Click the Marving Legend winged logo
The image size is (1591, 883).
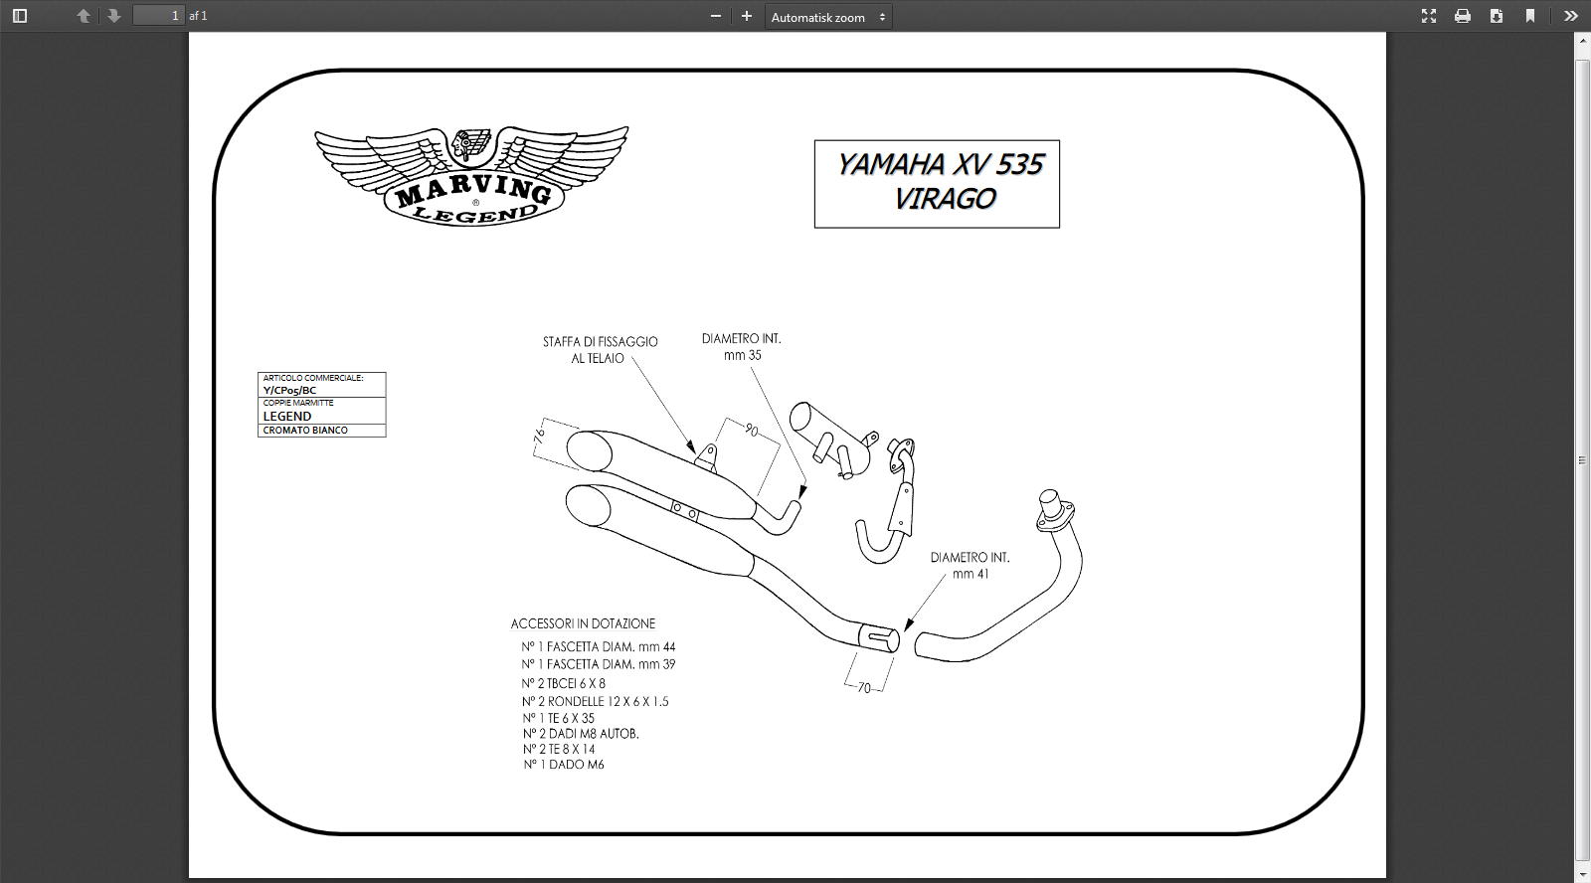(x=472, y=176)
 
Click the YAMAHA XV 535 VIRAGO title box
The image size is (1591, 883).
(x=937, y=183)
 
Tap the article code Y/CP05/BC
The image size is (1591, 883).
(x=290, y=391)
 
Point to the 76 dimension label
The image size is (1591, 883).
(x=540, y=436)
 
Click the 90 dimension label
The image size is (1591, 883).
(x=752, y=431)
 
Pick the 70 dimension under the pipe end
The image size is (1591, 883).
(x=864, y=688)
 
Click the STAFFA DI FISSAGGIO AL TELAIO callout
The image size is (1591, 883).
(x=600, y=350)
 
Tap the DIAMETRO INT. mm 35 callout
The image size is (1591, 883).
(x=742, y=347)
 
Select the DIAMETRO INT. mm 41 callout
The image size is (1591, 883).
(x=970, y=566)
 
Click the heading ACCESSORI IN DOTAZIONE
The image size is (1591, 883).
(x=583, y=623)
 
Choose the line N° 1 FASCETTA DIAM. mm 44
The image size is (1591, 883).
(x=599, y=647)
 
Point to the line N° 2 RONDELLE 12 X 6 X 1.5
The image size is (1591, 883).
(x=596, y=701)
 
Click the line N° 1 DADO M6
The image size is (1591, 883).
(x=564, y=765)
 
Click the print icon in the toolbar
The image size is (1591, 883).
(x=1463, y=16)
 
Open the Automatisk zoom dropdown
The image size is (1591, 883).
(x=828, y=17)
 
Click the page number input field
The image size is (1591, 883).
(x=159, y=16)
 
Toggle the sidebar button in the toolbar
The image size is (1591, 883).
(x=20, y=16)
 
